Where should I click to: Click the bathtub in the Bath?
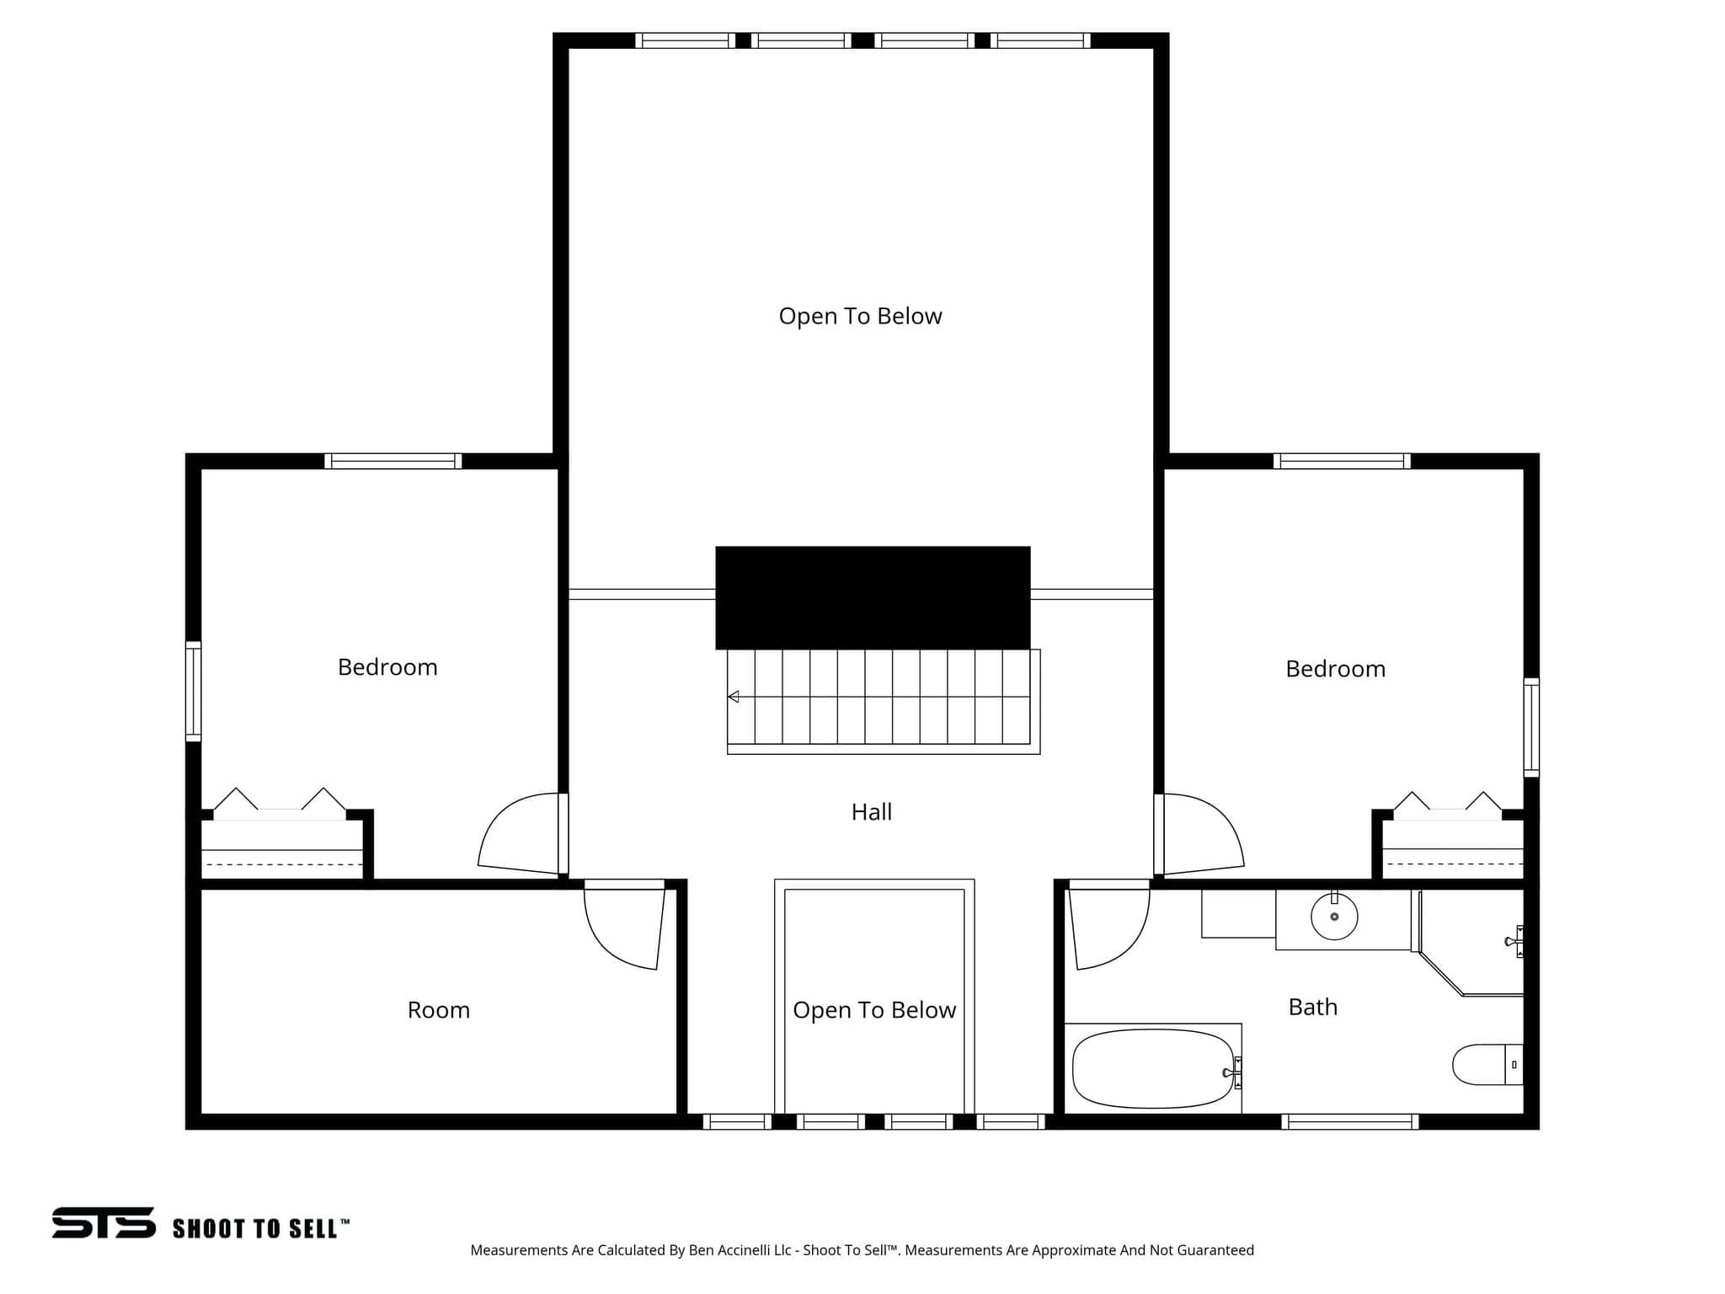(x=1152, y=1069)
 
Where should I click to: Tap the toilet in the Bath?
(x=1487, y=1065)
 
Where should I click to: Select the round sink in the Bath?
(x=1334, y=916)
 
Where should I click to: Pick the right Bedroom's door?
(x=1199, y=834)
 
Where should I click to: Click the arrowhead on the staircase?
(x=734, y=697)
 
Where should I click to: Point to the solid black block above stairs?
(x=873, y=598)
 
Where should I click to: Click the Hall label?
(x=872, y=812)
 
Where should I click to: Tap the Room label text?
(x=439, y=1010)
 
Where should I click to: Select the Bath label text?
(x=1313, y=1007)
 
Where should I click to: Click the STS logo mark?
(x=104, y=1223)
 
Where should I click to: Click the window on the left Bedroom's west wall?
(x=194, y=692)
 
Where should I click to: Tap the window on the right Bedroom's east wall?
(x=1531, y=727)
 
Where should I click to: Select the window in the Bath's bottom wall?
(x=1350, y=1121)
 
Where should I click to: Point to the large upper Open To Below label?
(x=860, y=317)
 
